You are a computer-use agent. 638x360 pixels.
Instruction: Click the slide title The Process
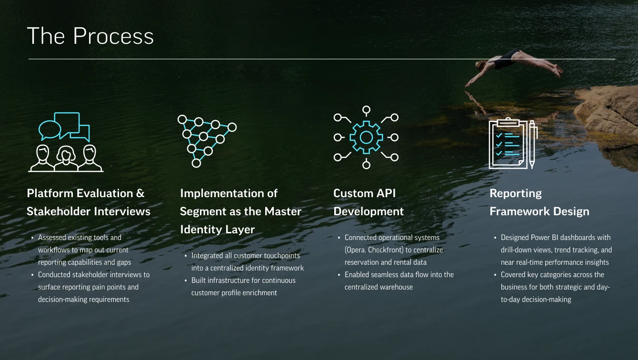pyautogui.click(x=90, y=36)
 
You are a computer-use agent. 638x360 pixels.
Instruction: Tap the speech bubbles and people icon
pyautogui.click(x=65, y=142)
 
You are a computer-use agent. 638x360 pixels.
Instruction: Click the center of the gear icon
pyautogui.click(x=366, y=137)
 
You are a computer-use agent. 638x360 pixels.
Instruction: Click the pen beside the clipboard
pyautogui.click(x=532, y=144)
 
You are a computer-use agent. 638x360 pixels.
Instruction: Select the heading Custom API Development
pyautogui.click(x=368, y=202)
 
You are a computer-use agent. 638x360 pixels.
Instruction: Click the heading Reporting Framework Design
pyautogui.click(x=539, y=202)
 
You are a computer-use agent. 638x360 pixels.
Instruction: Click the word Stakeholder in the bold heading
pyautogui.click(x=63, y=211)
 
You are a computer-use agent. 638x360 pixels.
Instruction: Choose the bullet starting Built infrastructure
pyautogui.click(x=243, y=287)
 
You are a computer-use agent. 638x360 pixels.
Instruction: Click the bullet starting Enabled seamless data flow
pyautogui.click(x=399, y=280)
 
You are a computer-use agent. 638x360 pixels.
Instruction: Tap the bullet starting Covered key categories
pyautogui.click(x=555, y=287)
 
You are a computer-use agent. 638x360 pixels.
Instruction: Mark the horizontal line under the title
pyautogui.click(x=322, y=59)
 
